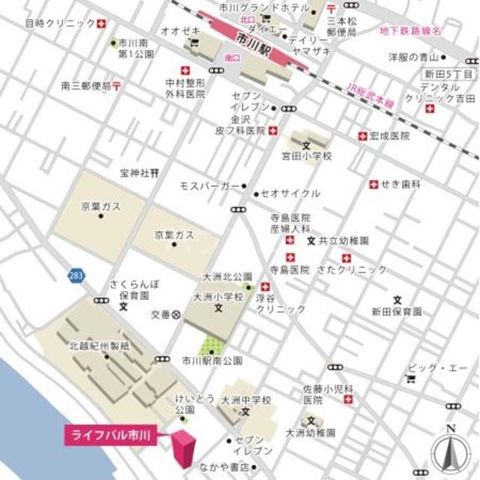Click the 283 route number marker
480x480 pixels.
pyautogui.click(x=73, y=276)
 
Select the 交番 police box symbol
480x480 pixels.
pyautogui.click(x=176, y=315)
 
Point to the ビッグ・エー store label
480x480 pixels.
pyautogui.click(x=438, y=368)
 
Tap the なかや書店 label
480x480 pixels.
pyautogui.click(x=224, y=466)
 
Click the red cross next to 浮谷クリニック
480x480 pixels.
pyautogui.click(x=265, y=287)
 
